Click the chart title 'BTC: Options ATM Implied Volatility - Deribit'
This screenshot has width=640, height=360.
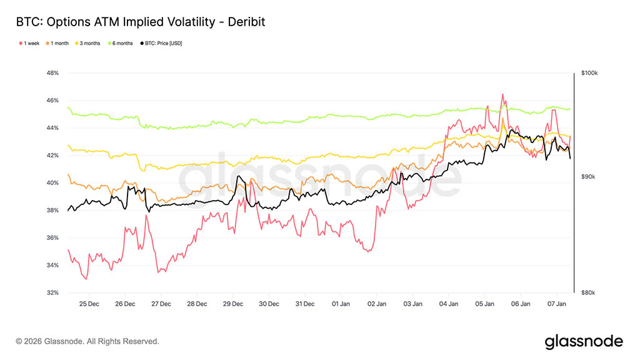pyautogui.click(x=141, y=22)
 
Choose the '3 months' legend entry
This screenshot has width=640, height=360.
pyautogui.click(x=90, y=43)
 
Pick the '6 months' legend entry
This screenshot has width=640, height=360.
pyautogui.click(x=122, y=43)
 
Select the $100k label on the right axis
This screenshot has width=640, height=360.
pyautogui.click(x=589, y=73)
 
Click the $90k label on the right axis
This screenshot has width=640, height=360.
pyautogui.click(x=588, y=177)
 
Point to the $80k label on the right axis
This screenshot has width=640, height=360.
pyautogui.click(x=588, y=293)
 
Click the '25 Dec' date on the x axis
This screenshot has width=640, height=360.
pyautogui.click(x=89, y=304)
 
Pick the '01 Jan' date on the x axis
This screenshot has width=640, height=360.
pyautogui.click(x=341, y=304)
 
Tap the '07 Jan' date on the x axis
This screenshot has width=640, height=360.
pyautogui.click(x=557, y=304)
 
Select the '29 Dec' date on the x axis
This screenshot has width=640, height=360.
pyautogui.click(x=233, y=304)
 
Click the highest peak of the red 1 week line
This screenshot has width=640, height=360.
pyautogui.click(x=502, y=94)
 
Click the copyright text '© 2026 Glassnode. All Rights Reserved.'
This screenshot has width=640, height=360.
pyautogui.click(x=87, y=341)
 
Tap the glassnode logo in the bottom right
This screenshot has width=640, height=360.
pyautogui.click(x=584, y=341)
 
